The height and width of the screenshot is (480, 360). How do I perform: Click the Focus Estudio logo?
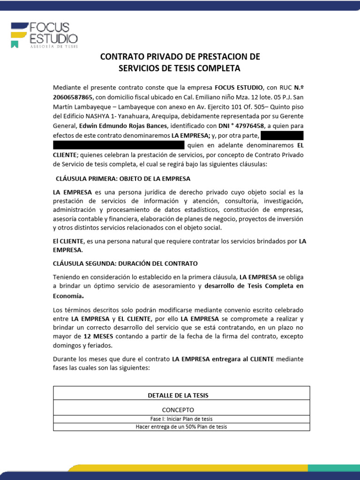tap(45, 34)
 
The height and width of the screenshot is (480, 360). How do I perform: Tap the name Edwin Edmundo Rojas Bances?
tap(123, 126)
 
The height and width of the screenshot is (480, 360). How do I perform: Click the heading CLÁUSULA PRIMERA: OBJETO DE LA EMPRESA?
tap(123, 179)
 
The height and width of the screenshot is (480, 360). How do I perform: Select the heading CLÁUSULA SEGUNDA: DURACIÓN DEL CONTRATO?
tap(125, 263)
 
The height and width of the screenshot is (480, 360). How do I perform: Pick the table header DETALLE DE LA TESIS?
tap(178, 395)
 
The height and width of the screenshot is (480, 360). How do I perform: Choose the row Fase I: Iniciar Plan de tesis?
tap(181, 419)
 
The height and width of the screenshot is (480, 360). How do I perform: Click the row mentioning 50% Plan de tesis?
tap(181, 427)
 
